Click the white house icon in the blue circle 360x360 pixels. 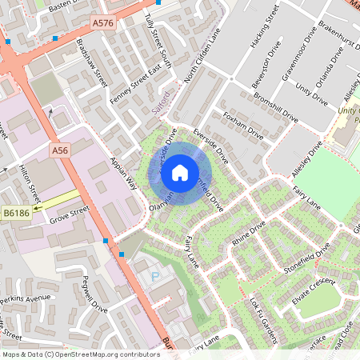pyautogui.click(x=180, y=171)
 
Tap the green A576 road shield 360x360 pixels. pyautogui.click(x=103, y=23)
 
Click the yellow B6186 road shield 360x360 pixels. pyautogui.click(x=16, y=213)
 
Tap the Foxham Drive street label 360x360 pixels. pyautogui.click(x=242, y=123)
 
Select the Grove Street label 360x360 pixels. pyautogui.click(x=68, y=214)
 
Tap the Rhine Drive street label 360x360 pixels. pyautogui.click(x=248, y=234)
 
